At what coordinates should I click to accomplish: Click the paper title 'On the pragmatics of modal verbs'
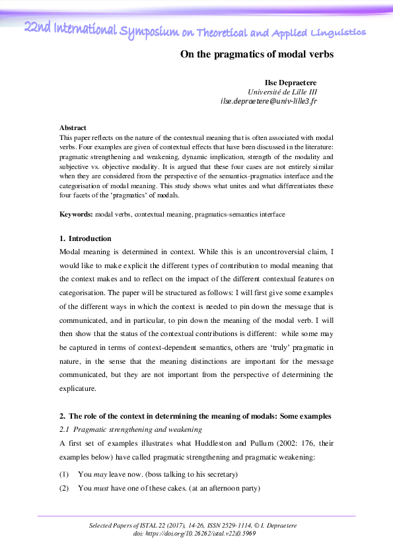(x=257, y=55)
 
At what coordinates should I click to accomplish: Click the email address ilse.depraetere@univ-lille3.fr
(x=269, y=102)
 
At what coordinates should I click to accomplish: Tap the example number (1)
(x=65, y=474)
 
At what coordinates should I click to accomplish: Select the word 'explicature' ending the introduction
(x=80, y=389)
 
